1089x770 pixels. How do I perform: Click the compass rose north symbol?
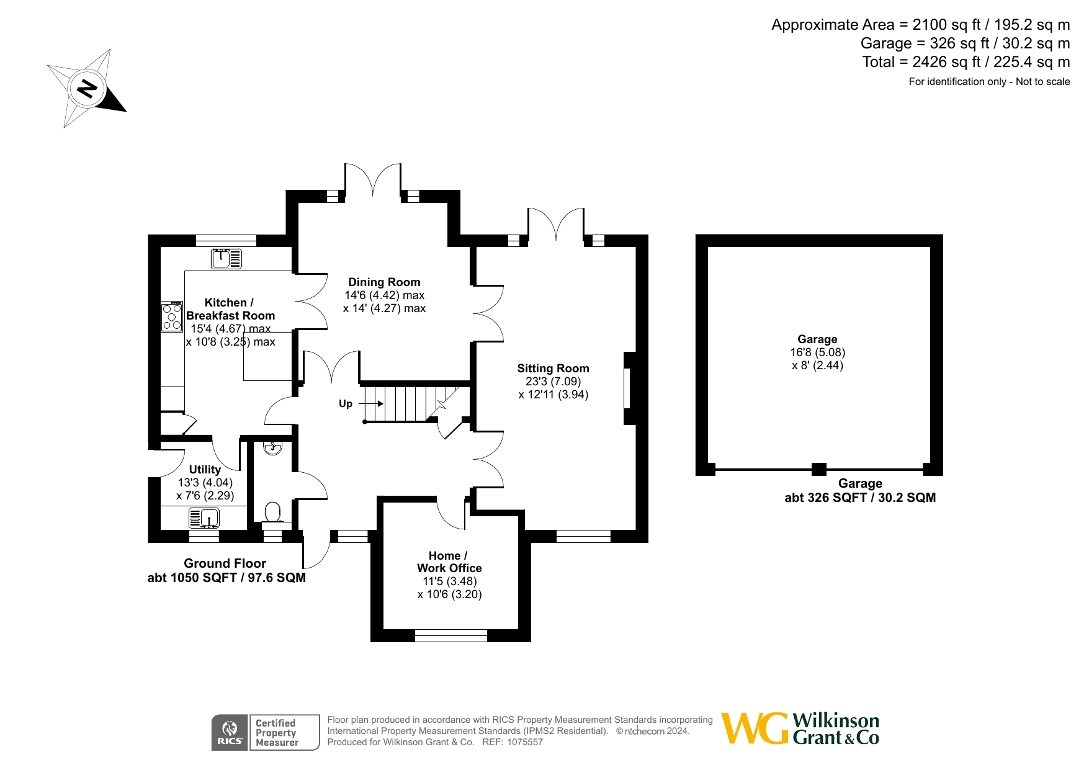point(87,89)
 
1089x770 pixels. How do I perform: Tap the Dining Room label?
point(384,282)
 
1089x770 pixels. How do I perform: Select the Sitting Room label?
point(553,369)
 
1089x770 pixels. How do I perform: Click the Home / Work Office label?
point(449,562)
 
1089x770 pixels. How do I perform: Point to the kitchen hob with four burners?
point(172,316)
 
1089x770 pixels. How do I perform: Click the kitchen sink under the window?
point(226,258)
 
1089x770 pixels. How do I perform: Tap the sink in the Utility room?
point(204,517)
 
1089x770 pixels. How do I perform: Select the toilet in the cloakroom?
point(272,513)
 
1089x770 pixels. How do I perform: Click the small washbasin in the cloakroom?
point(272,447)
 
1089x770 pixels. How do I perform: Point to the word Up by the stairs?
point(346,404)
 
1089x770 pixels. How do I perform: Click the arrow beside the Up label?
point(371,404)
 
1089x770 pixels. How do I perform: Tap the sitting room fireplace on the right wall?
point(629,388)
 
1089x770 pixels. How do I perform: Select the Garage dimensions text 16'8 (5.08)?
point(817,352)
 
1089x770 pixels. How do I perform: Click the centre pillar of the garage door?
point(819,469)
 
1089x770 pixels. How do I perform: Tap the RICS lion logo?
point(230,733)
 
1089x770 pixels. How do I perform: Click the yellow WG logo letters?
point(755,728)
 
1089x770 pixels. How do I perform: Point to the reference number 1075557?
point(525,742)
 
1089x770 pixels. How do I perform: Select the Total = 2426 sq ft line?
point(966,62)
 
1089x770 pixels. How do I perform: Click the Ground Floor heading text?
point(225,563)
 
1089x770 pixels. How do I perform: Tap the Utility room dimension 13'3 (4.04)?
point(205,483)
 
